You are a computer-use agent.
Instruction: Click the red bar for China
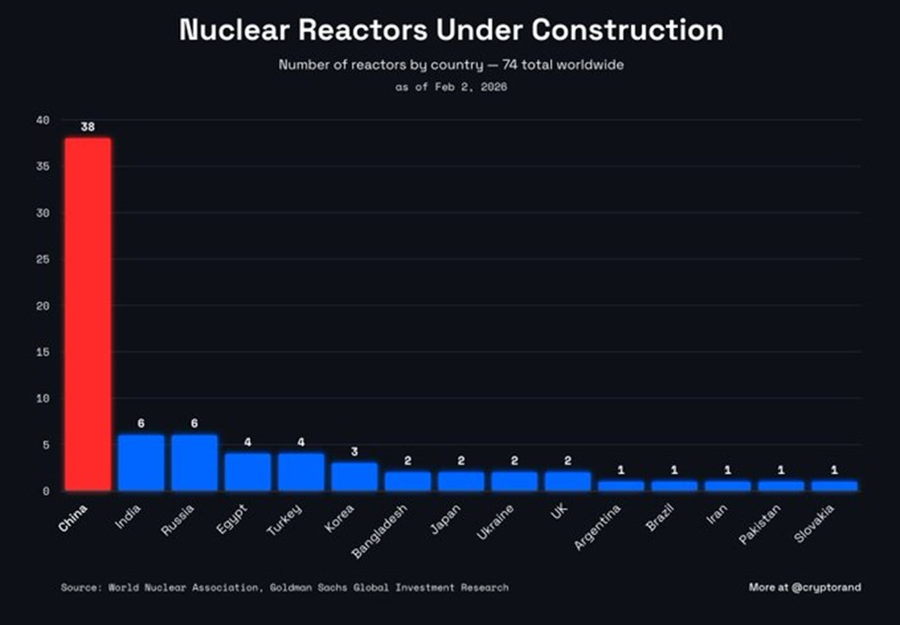click(88, 314)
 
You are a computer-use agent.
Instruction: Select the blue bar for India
click(141, 463)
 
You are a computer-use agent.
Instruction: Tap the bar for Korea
click(354, 477)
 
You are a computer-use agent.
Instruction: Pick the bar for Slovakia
click(834, 486)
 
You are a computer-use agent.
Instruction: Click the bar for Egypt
click(247, 472)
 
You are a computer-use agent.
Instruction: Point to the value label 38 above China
click(88, 127)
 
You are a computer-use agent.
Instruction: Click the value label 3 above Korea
click(354, 451)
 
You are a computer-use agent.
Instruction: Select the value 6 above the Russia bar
click(194, 423)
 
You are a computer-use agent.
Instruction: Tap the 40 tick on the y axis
click(43, 120)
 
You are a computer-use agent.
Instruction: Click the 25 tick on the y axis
click(43, 259)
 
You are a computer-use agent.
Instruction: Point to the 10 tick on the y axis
click(43, 398)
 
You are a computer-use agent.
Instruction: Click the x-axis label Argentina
click(598, 526)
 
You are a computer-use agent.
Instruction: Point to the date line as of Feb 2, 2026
click(450, 86)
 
